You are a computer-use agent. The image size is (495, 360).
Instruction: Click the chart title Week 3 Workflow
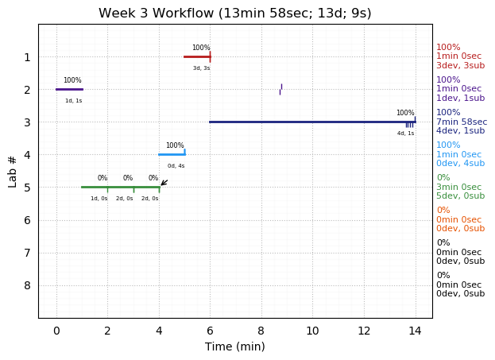(234, 14)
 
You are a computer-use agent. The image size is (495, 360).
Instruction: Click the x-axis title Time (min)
(234, 346)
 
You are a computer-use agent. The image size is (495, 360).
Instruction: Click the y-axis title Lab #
(13, 171)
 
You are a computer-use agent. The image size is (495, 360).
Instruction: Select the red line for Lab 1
(196, 56)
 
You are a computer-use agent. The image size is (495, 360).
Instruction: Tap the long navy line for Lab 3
(310, 122)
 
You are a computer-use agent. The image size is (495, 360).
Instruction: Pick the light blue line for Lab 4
(171, 154)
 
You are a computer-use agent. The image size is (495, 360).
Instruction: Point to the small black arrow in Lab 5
(164, 183)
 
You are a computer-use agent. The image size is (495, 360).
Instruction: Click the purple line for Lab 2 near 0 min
(69, 89)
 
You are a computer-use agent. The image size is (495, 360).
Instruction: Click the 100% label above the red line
(201, 48)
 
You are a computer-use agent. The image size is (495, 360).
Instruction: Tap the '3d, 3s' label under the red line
(201, 68)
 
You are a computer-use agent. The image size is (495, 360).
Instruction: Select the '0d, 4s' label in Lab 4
(176, 166)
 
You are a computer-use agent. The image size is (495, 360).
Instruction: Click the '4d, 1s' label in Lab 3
(405, 134)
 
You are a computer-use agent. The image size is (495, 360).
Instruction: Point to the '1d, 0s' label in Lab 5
(99, 199)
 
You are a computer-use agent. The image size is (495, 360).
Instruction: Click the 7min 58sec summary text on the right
(462, 122)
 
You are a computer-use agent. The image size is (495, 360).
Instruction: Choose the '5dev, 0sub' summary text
(460, 196)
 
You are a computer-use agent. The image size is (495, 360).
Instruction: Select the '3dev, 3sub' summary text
(460, 66)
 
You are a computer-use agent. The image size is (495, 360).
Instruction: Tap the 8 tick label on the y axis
(27, 285)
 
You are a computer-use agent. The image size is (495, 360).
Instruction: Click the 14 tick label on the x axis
(415, 330)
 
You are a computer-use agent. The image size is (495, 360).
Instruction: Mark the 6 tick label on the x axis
(210, 330)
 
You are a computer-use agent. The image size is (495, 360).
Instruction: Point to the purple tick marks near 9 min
(280, 89)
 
